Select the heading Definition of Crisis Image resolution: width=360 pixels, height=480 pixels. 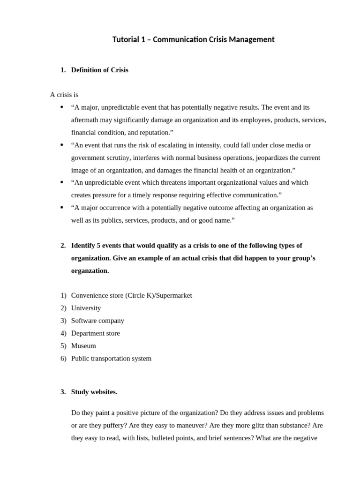click(x=99, y=70)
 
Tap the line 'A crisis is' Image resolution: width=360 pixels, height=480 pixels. click(x=64, y=95)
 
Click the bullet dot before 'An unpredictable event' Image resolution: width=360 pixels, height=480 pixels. click(x=62, y=182)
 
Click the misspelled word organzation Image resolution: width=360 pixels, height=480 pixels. click(x=89, y=271)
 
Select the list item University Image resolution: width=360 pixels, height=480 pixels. click(x=86, y=308)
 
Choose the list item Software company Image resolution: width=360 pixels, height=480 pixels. click(x=97, y=321)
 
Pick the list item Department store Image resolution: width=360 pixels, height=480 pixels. click(x=95, y=334)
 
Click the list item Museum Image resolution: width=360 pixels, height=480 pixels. click(x=83, y=346)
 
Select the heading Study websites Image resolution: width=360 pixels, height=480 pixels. click(x=94, y=392)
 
